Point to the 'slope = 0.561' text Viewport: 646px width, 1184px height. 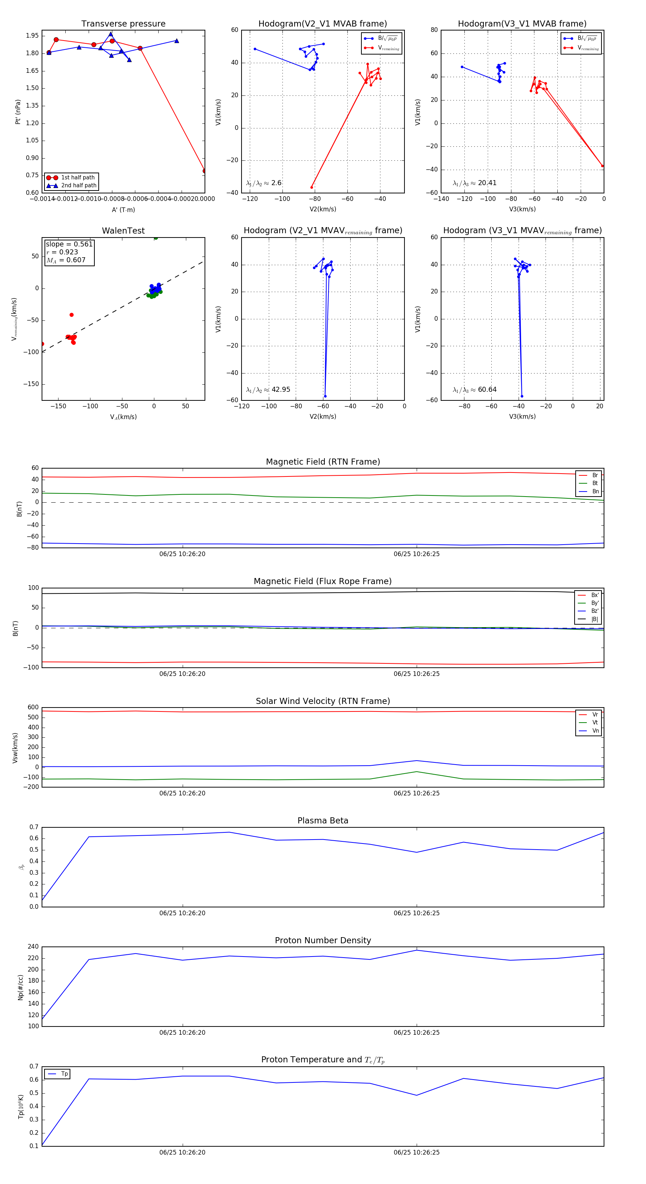(69, 244)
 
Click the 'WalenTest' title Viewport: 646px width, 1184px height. (123, 231)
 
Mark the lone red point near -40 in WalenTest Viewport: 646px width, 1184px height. (71, 315)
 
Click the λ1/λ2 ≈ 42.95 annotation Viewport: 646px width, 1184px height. (268, 390)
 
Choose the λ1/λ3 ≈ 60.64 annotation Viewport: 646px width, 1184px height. (474, 390)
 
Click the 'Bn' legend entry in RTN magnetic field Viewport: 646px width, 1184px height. (595, 491)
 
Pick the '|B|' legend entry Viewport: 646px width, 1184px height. (595, 619)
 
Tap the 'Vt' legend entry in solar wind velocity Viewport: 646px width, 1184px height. (595, 723)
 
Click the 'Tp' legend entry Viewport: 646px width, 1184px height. (64, 1074)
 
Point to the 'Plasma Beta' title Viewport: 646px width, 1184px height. (323, 821)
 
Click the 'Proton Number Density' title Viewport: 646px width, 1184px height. (323, 940)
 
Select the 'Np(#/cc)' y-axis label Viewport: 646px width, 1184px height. (20, 987)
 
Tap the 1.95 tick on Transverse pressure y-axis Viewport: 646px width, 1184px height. (32, 36)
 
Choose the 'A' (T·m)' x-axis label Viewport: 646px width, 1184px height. (123, 210)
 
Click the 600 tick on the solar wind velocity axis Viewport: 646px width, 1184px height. (33, 708)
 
